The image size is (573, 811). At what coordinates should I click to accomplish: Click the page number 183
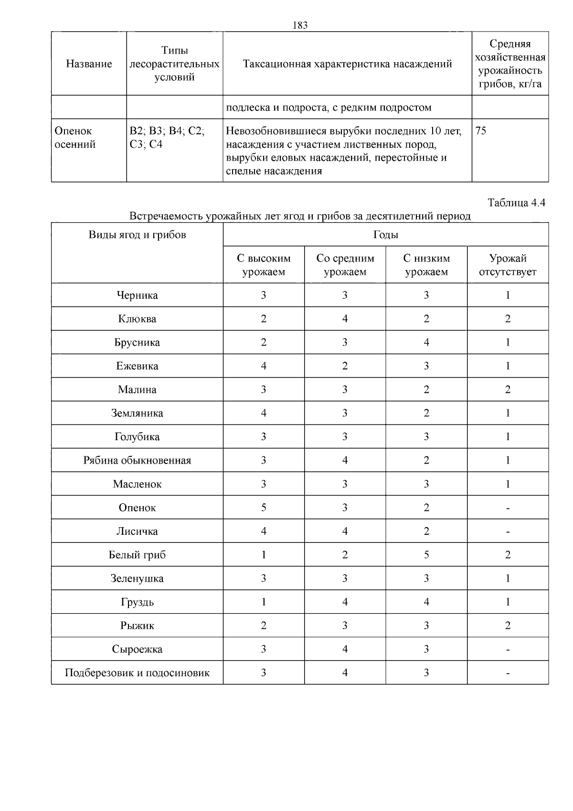pyautogui.click(x=300, y=26)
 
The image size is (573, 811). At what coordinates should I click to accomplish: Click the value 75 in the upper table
pyautogui.click(x=481, y=131)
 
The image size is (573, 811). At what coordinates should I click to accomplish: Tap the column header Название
pyautogui.click(x=89, y=64)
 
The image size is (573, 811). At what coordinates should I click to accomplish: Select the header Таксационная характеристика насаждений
pyautogui.click(x=347, y=64)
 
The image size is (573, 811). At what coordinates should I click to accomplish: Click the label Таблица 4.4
pyautogui.click(x=516, y=203)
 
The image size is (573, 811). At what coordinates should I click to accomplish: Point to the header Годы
pyautogui.click(x=385, y=235)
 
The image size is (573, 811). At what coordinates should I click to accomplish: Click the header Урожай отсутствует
pyautogui.click(x=508, y=265)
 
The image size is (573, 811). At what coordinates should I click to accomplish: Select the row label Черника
pyautogui.click(x=137, y=295)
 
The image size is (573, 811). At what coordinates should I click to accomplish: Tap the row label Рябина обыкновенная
pyautogui.click(x=137, y=461)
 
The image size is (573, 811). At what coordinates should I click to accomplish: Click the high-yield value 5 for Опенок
pyautogui.click(x=264, y=508)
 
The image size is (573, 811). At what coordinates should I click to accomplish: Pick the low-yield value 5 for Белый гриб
pyautogui.click(x=426, y=555)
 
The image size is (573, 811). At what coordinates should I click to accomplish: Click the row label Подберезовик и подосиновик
pyautogui.click(x=137, y=673)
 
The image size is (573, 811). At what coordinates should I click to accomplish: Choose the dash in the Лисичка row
pyautogui.click(x=508, y=531)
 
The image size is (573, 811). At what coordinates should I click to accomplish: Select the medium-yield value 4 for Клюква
pyautogui.click(x=345, y=319)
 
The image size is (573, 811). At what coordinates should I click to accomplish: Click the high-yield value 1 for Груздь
pyautogui.click(x=264, y=602)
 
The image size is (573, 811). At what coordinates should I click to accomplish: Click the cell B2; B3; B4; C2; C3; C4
pyautogui.click(x=167, y=138)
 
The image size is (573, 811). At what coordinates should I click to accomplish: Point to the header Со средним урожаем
pyautogui.click(x=345, y=265)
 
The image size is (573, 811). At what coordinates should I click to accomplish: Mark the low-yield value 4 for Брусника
pyautogui.click(x=426, y=343)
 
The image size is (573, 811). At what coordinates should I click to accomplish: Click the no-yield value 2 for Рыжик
pyautogui.click(x=508, y=626)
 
